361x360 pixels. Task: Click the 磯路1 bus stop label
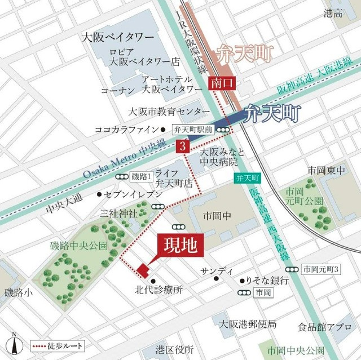coord(142,177)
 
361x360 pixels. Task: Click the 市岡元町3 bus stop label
coord(320,269)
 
